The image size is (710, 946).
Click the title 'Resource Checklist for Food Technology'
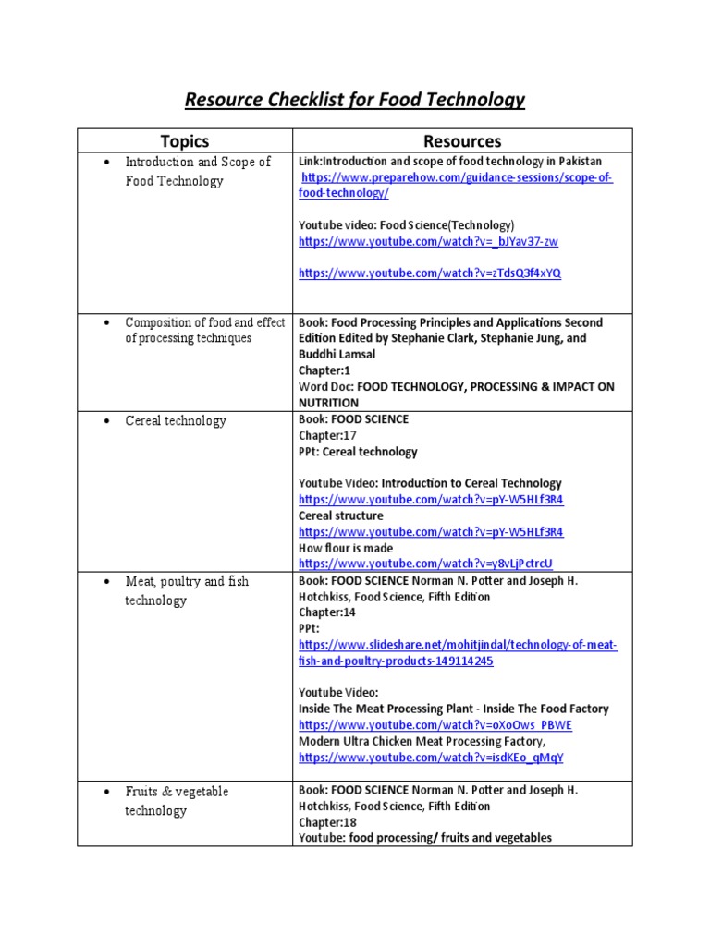[x=355, y=99]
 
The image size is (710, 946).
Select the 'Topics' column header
[x=185, y=141]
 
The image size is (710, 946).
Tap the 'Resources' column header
[x=462, y=141]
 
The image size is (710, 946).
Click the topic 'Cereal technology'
[x=176, y=421]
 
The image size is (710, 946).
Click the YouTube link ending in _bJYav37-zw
[x=428, y=242]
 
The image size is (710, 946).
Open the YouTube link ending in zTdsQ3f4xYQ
[x=429, y=273]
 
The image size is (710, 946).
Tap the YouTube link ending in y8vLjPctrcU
[x=425, y=564]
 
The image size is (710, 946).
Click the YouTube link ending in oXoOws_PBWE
[x=435, y=725]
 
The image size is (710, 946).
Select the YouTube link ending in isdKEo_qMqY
[x=431, y=758]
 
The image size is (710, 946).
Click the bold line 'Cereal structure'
[x=340, y=515]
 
